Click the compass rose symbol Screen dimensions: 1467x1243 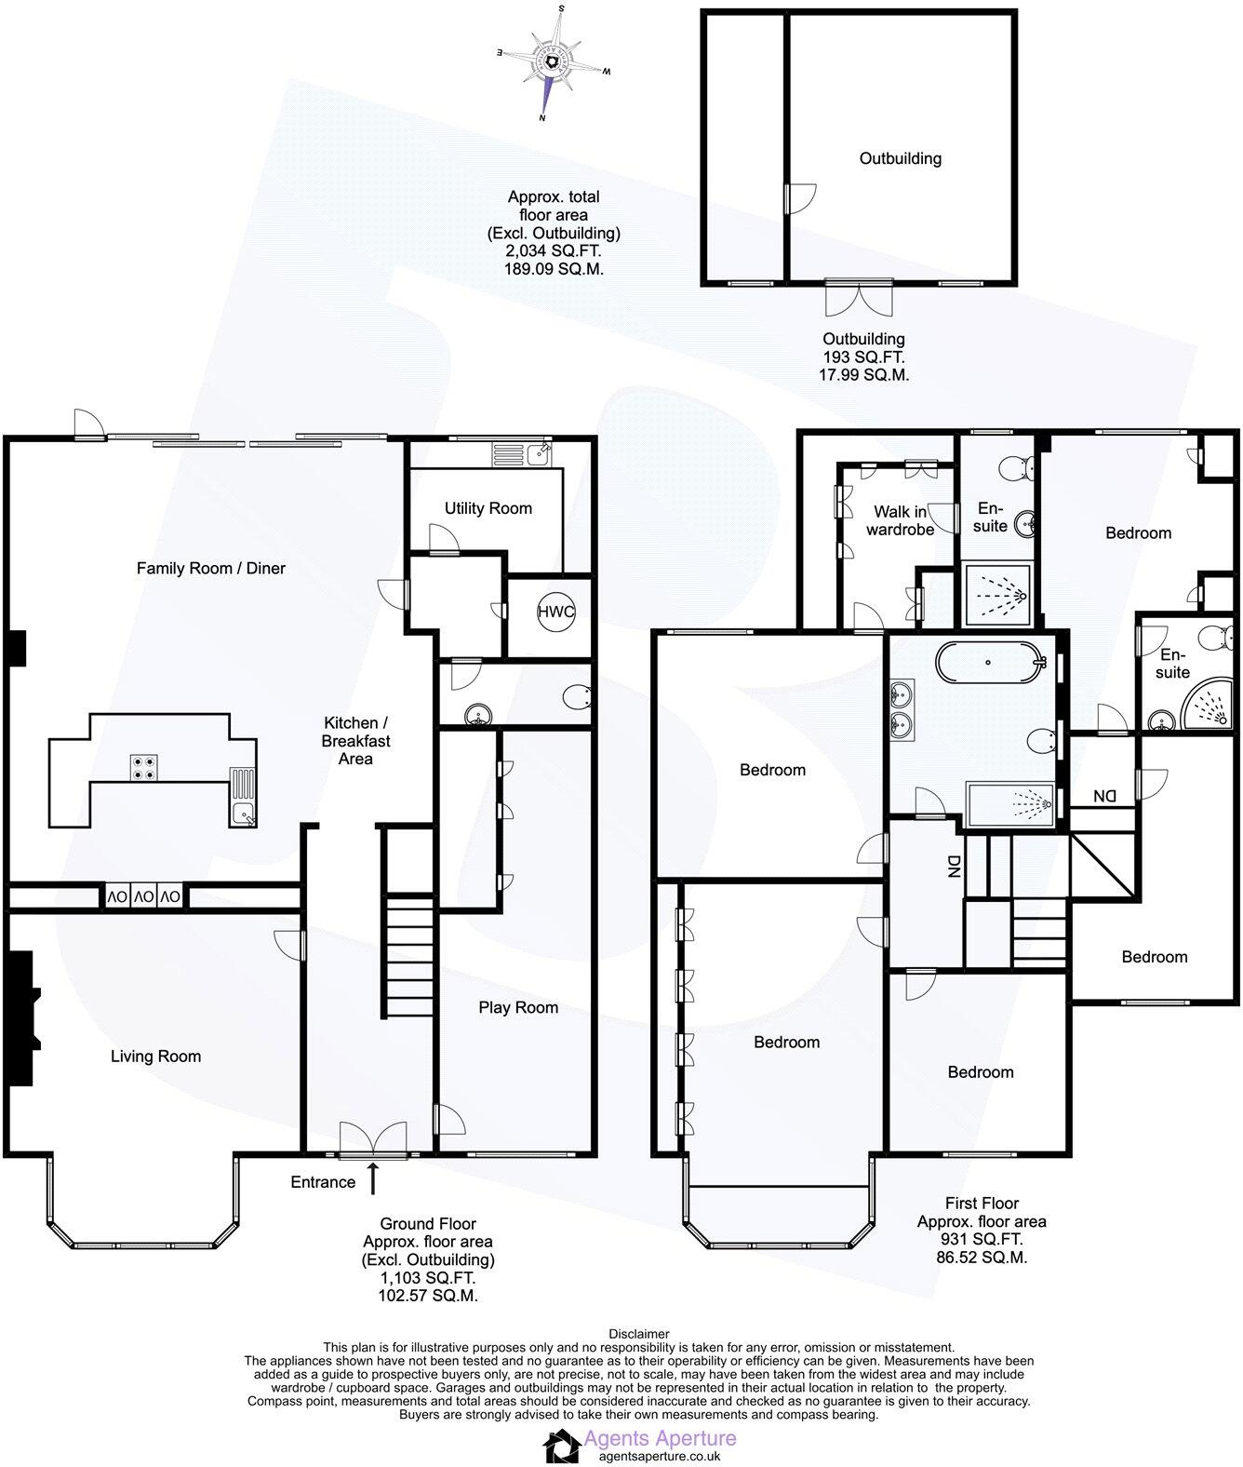(x=554, y=62)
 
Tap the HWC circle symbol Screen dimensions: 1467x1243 (x=556, y=612)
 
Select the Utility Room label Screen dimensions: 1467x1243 (x=488, y=508)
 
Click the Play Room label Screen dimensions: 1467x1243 (x=518, y=1007)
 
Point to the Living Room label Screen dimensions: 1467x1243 (x=155, y=1056)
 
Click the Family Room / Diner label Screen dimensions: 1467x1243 (x=210, y=568)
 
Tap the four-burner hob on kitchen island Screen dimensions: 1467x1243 (x=144, y=766)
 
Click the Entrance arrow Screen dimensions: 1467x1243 (x=374, y=1178)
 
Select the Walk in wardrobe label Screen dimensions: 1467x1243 (x=899, y=520)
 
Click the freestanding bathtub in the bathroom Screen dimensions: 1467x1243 (x=987, y=664)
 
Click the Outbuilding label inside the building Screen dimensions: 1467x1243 (x=900, y=158)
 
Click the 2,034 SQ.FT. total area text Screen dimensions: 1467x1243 (x=554, y=251)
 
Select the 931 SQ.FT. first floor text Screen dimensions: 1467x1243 (x=982, y=1239)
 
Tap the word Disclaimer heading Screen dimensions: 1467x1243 (x=638, y=1334)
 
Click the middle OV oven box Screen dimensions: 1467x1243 (x=143, y=897)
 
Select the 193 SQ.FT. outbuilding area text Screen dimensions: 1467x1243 (x=862, y=357)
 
